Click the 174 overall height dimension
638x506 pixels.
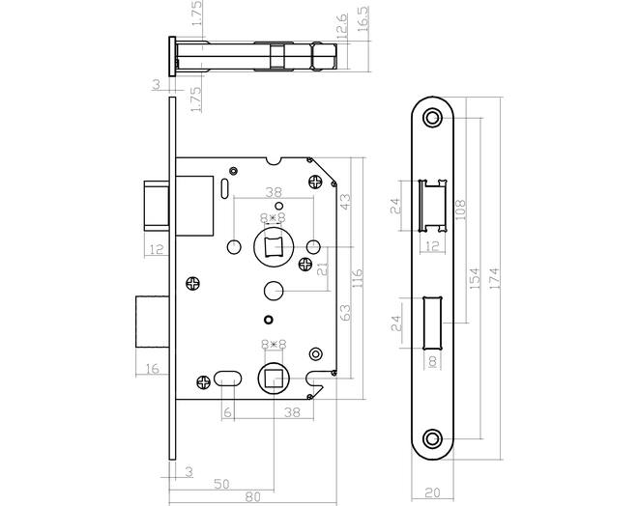[x=495, y=278]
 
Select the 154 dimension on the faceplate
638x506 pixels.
[x=476, y=278]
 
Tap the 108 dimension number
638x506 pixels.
[x=460, y=210]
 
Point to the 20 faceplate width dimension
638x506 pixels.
[x=432, y=492]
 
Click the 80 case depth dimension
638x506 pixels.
[x=252, y=496]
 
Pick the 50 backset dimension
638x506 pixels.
[x=221, y=484]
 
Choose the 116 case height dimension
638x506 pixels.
[x=357, y=277]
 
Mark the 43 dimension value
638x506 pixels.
[x=344, y=201]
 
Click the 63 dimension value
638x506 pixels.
[x=345, y=313]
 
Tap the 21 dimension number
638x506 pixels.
[x=323, y=268]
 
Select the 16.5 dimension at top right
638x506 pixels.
[x=362, y=18]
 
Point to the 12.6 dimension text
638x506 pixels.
[x=342, y=26]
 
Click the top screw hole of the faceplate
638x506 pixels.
[x=432, y=118]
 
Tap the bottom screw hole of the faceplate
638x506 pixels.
[x=432, y=439]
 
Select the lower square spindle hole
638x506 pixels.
[x=273, y=379]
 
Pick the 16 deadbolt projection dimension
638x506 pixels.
[x=152, y=369]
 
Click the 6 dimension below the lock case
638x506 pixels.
[x=227, y=412]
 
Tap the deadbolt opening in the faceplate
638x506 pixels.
[x=432, y=323]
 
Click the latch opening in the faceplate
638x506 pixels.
[x=432, y=206]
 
